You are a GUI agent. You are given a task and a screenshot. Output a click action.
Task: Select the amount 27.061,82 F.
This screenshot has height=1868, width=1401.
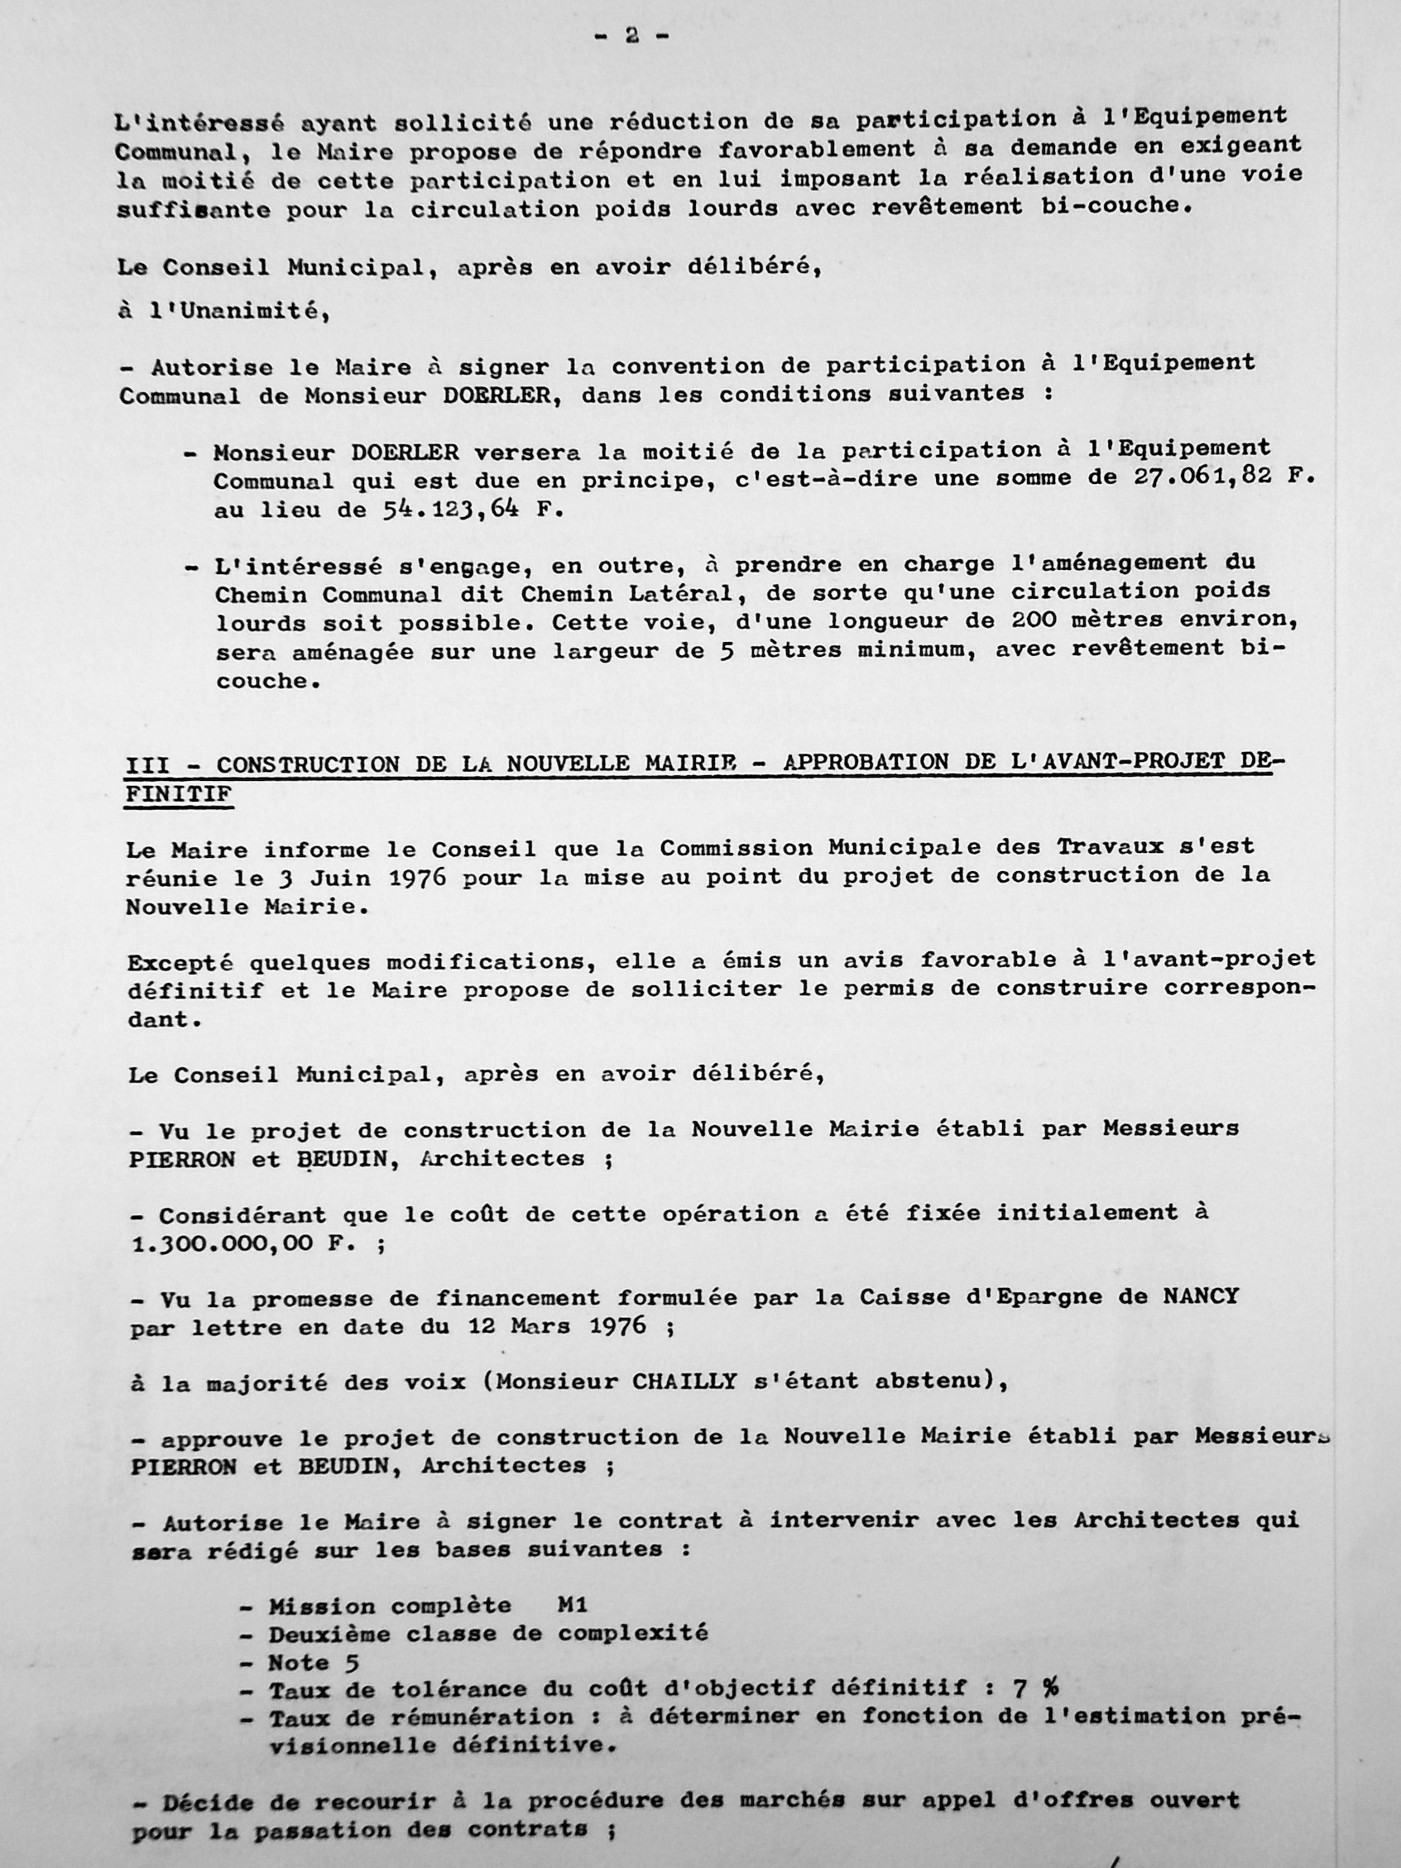(1221, 477)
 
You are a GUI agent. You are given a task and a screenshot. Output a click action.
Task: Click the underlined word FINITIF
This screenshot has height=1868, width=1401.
(178, 795)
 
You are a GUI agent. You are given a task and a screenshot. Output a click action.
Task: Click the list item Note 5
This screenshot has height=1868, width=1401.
(314, 1663)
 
